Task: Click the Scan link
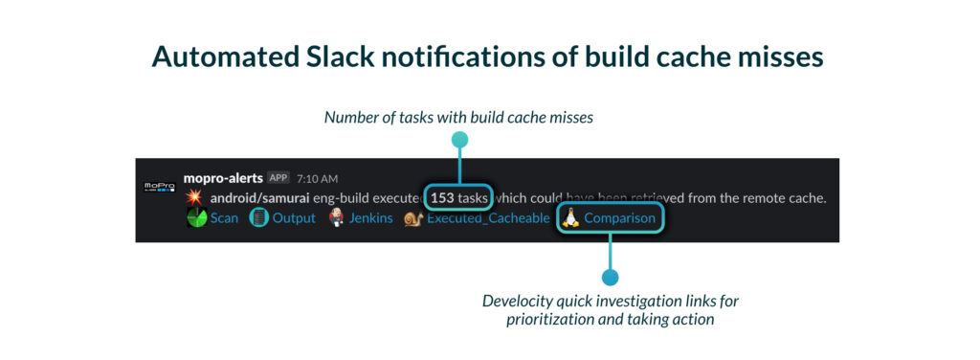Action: [224, 218]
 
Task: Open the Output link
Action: [294, 218]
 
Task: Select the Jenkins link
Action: [370, 218]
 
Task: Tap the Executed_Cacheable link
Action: [489, 218]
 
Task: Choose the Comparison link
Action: [620, 218]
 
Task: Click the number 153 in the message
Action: [442, 199]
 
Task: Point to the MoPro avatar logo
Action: [160, 188]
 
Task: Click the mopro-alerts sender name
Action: [223, 177]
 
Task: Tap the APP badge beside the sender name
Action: [278, 177]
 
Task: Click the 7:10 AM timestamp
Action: [318, 178]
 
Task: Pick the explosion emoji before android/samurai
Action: [195, 199]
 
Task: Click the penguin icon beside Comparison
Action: [568, 217]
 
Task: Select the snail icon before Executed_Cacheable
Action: [413, 218]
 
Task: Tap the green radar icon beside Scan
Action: [197, 218]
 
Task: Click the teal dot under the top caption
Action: [460, 140]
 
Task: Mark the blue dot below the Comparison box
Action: [610, 277]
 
